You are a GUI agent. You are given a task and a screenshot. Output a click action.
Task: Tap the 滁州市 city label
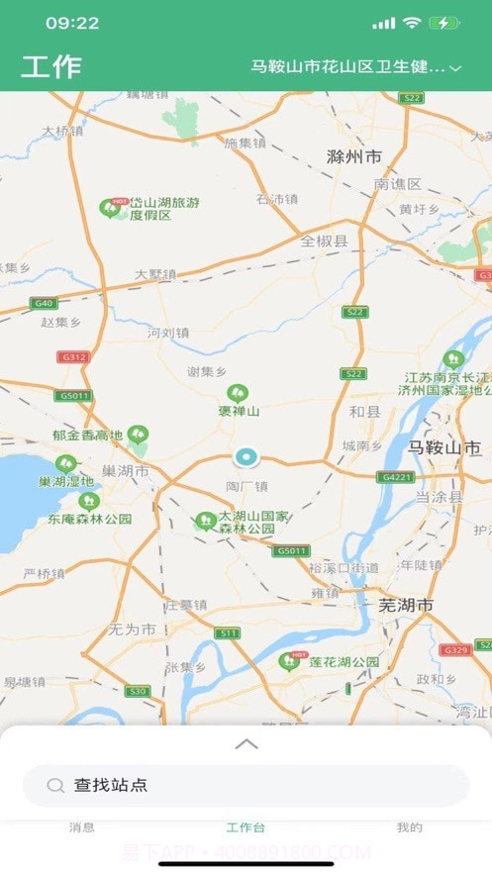pos(354,157)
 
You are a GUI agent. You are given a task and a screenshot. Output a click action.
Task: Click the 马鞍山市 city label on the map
pos(445,447)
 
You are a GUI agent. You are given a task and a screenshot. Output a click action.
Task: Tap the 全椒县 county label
pos(325,241)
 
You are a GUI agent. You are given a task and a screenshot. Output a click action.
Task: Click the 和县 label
pos(364,412)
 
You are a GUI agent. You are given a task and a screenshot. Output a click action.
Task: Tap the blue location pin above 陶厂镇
pos(245,456)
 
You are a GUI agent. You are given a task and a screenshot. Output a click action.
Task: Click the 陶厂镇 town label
pos(246,486)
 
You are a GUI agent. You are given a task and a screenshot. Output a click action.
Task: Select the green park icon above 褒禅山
pos(238,393)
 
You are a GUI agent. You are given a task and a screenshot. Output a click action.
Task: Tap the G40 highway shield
pos(43,303)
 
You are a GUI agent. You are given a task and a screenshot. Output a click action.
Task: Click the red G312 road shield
pos(72,356)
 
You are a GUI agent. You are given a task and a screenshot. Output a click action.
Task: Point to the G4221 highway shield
pos(393,476)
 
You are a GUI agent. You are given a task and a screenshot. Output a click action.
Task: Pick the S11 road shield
pos(229,632)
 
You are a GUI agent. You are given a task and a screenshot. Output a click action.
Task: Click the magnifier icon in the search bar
pos(55,786)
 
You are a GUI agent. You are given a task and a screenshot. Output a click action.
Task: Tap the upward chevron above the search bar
pos(246,743)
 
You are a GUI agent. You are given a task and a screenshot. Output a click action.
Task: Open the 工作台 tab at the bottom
pos(246,827)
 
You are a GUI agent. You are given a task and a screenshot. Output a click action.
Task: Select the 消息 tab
pos(82,827)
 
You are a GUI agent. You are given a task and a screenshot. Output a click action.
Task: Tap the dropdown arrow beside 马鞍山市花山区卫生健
pos(455,68)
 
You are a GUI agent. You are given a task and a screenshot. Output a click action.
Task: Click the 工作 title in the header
pos(51,67)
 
